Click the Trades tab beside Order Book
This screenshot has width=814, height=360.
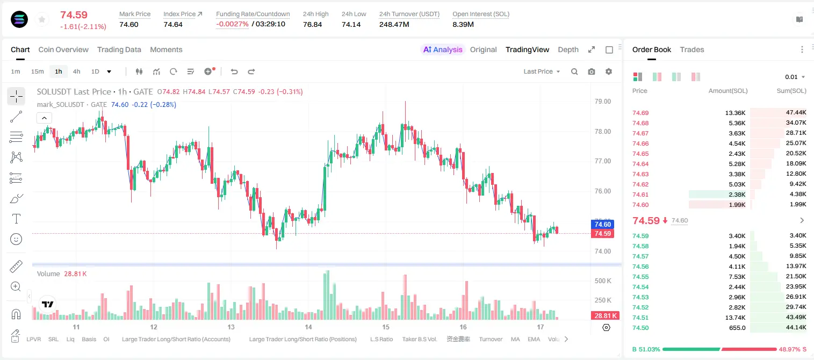692,49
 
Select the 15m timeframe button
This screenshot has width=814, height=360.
37,71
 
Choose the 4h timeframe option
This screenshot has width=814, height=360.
76,71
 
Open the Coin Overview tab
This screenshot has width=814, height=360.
63,49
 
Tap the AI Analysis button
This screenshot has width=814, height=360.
443,49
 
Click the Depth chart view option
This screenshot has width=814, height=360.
568,49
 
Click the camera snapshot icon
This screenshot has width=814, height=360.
592,71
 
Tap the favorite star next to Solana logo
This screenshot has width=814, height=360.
42,19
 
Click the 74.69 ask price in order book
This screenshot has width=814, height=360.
640,113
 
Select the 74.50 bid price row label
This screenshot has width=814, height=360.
640,328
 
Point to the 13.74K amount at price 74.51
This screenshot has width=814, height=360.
735,318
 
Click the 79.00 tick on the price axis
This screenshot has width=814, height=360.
602,102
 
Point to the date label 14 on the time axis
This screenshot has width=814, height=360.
308,327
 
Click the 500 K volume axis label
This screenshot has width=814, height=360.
603,281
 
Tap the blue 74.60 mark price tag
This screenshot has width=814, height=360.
602,225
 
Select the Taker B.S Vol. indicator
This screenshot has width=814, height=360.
419,339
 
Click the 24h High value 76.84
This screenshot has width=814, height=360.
313,24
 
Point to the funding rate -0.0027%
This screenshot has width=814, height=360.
232,24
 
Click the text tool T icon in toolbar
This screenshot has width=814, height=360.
16,219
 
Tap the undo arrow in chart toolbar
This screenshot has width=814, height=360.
234,71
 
